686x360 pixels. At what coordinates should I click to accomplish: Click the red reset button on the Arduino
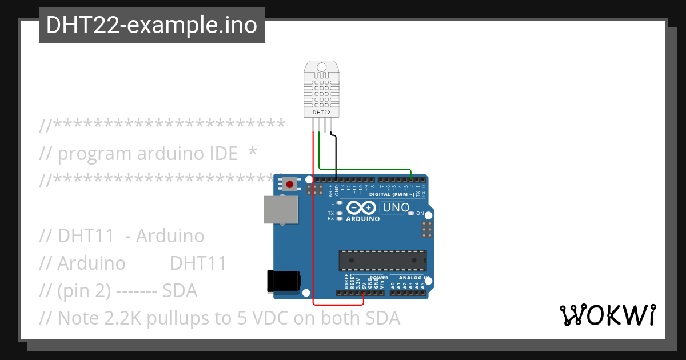(290, 185)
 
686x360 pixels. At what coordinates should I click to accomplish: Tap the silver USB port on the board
(281, 210)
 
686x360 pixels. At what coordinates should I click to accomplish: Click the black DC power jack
(284, 281)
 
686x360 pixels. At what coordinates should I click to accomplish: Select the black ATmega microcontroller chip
(382, 260)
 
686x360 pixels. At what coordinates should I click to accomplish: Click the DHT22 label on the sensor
(321, 113)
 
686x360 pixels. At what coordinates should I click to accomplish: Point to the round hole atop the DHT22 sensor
(321, 67)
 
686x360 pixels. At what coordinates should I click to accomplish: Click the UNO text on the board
(395, 207)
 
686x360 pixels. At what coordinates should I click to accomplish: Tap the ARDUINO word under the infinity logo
(363, 219)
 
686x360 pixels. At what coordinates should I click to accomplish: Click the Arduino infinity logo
(362, 207)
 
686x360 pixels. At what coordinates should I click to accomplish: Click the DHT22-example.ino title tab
(151, 25)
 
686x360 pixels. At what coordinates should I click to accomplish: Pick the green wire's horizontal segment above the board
(366, 169)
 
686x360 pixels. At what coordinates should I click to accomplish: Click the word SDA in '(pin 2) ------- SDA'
(180, 291)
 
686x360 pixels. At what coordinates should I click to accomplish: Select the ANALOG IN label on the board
(411, 278)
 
